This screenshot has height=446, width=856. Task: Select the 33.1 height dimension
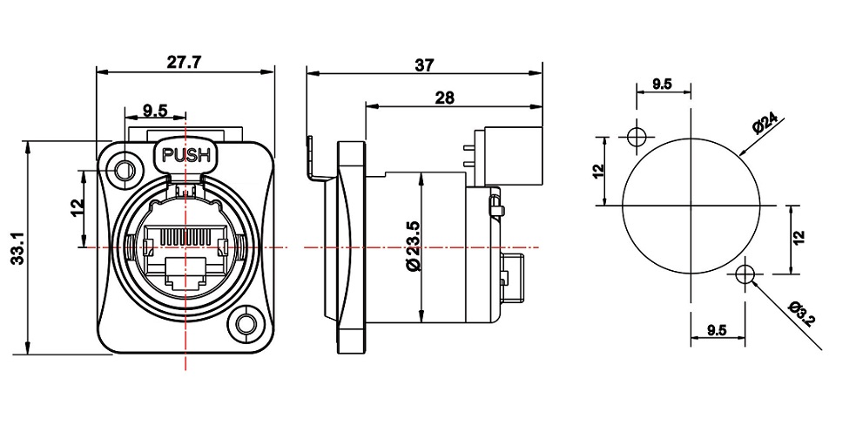18,248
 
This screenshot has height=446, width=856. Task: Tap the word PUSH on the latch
186,155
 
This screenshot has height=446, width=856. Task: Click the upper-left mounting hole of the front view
125,171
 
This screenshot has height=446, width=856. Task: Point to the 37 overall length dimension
424,65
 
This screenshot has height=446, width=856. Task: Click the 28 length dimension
444,98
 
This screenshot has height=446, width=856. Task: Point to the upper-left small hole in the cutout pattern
636,137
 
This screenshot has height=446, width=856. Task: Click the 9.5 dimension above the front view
155,111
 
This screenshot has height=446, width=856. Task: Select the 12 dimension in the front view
78,206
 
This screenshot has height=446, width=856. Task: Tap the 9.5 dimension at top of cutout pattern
662,84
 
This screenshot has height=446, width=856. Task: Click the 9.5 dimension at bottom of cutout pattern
717,330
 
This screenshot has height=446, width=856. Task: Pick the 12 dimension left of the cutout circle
599,170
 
